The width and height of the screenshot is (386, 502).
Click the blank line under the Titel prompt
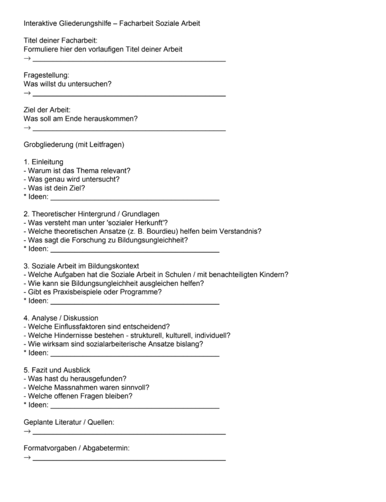129,60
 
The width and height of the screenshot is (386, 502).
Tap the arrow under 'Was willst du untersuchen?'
27,93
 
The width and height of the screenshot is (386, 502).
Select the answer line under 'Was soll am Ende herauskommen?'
129,129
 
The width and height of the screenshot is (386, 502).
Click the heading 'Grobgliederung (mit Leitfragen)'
74,145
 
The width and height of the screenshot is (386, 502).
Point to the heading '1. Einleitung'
44,162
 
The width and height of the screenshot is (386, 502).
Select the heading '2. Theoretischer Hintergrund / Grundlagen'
91,214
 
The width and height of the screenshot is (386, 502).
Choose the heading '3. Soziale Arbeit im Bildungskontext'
81,266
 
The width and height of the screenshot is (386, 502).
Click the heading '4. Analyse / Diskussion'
61,318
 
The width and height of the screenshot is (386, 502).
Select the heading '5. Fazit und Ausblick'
57,370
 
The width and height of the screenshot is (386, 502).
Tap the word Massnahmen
73,388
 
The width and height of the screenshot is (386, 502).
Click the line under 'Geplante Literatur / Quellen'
129,432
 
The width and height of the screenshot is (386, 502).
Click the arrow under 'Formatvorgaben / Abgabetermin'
27,458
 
